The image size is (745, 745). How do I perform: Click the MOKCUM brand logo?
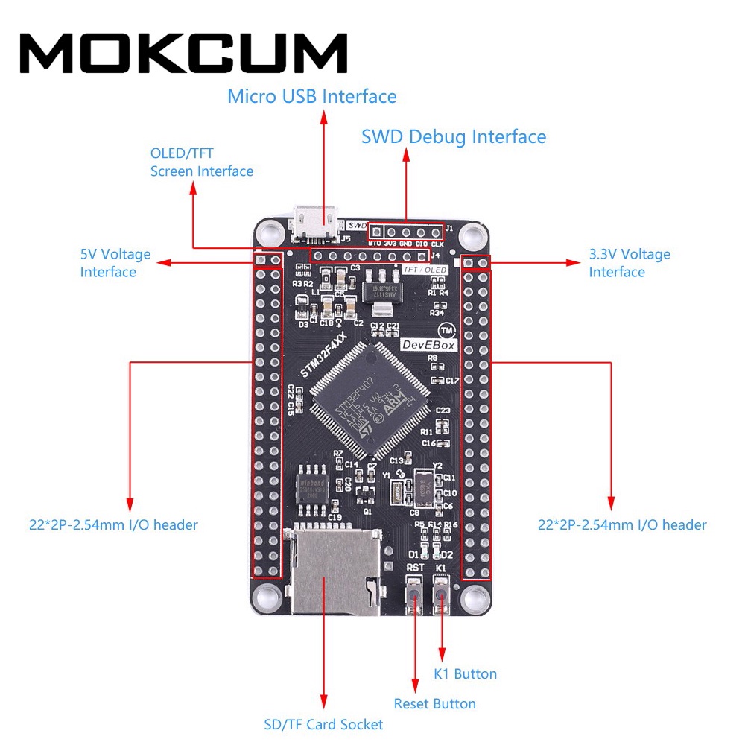tap(183, 54)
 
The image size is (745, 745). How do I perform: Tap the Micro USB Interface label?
tap(311, 96)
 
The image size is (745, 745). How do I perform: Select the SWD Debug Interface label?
tap(453, 136)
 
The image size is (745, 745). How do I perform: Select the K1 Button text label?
tap(465, 673)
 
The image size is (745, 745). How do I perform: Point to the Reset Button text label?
tap(434, 703)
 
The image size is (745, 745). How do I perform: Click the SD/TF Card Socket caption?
tap(323, 724)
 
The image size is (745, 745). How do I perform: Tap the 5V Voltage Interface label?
tap(115, 263)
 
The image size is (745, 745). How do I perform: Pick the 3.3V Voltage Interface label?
tap(630, 263)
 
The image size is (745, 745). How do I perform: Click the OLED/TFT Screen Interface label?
tap(201, 162)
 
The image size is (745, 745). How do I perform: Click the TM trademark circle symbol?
tap(446, 329)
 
